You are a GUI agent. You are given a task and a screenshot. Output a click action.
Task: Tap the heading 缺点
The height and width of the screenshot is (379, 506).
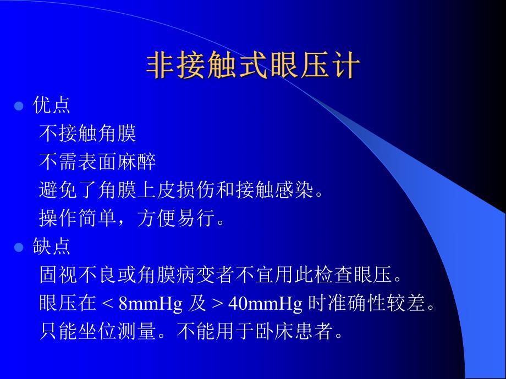tap(52, 247)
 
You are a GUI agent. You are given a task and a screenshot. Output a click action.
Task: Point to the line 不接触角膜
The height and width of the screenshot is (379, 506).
tap(88, 133)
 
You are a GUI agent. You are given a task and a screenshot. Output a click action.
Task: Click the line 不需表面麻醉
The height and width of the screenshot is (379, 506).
tap(98, 161)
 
